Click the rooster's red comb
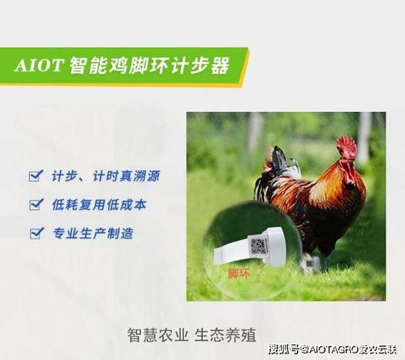[x=347, y=147]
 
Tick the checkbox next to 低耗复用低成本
[x=35, y=204]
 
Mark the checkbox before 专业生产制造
[x=35, y=234]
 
